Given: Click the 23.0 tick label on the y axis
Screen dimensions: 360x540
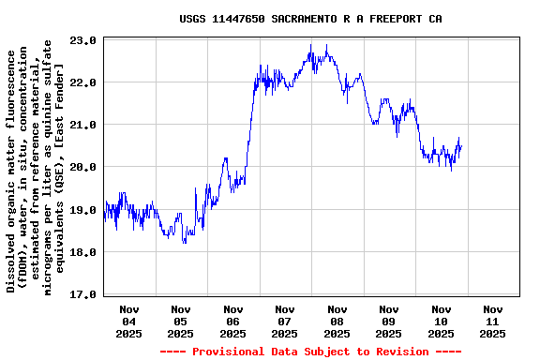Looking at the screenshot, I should pyautogui.click(x=84, y=40).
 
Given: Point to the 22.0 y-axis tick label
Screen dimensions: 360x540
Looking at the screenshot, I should pyautogui.click(x=84, y=82).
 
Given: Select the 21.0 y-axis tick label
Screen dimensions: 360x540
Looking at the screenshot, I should pyautogui.click(x=84, y=125).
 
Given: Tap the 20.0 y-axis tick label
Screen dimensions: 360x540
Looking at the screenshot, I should pyautogui.click(x=84, y=167).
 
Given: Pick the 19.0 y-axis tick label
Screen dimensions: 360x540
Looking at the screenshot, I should pyautogui.click(x=84, y=210).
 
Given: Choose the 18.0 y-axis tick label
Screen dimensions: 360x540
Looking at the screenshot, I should pyautogui.click(x=84, y=252).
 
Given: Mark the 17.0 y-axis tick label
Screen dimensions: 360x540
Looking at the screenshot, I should pyautogui.click(x=84, y=294).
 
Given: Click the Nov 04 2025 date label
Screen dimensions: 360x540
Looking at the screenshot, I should pyautogui.click(x=129, y=321).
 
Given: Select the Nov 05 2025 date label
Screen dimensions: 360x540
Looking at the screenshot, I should pyautogui.click(x=181, y=321).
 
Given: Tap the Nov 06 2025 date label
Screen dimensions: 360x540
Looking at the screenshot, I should pyautogui.click(x=233, y=321).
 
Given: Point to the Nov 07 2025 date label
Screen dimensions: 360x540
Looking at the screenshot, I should pyautogui.click(x=285, y=321).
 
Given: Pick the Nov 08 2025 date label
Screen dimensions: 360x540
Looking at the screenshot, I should pyautogui.click(x=337, y=321).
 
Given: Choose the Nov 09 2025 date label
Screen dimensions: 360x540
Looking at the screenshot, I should pyautogui.click(x=389, y=321).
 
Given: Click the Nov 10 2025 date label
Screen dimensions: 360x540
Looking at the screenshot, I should pyautogui.click(x=441, y=321).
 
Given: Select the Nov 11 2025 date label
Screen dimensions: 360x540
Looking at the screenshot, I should pyautogui.click(x=492, y=321).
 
